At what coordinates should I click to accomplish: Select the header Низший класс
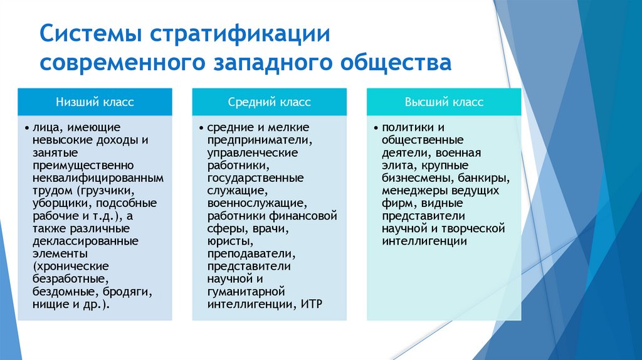[95, 102]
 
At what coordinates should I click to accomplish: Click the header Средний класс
[269, 102]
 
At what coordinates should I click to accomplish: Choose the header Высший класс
[444, 102]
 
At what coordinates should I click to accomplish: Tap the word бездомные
[58, 292]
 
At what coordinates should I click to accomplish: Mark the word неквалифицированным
[98, 178]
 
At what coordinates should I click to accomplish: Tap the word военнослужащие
[257, 203]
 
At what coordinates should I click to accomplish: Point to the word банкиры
[485, 177]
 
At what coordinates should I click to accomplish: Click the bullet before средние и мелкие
[202, 127]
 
